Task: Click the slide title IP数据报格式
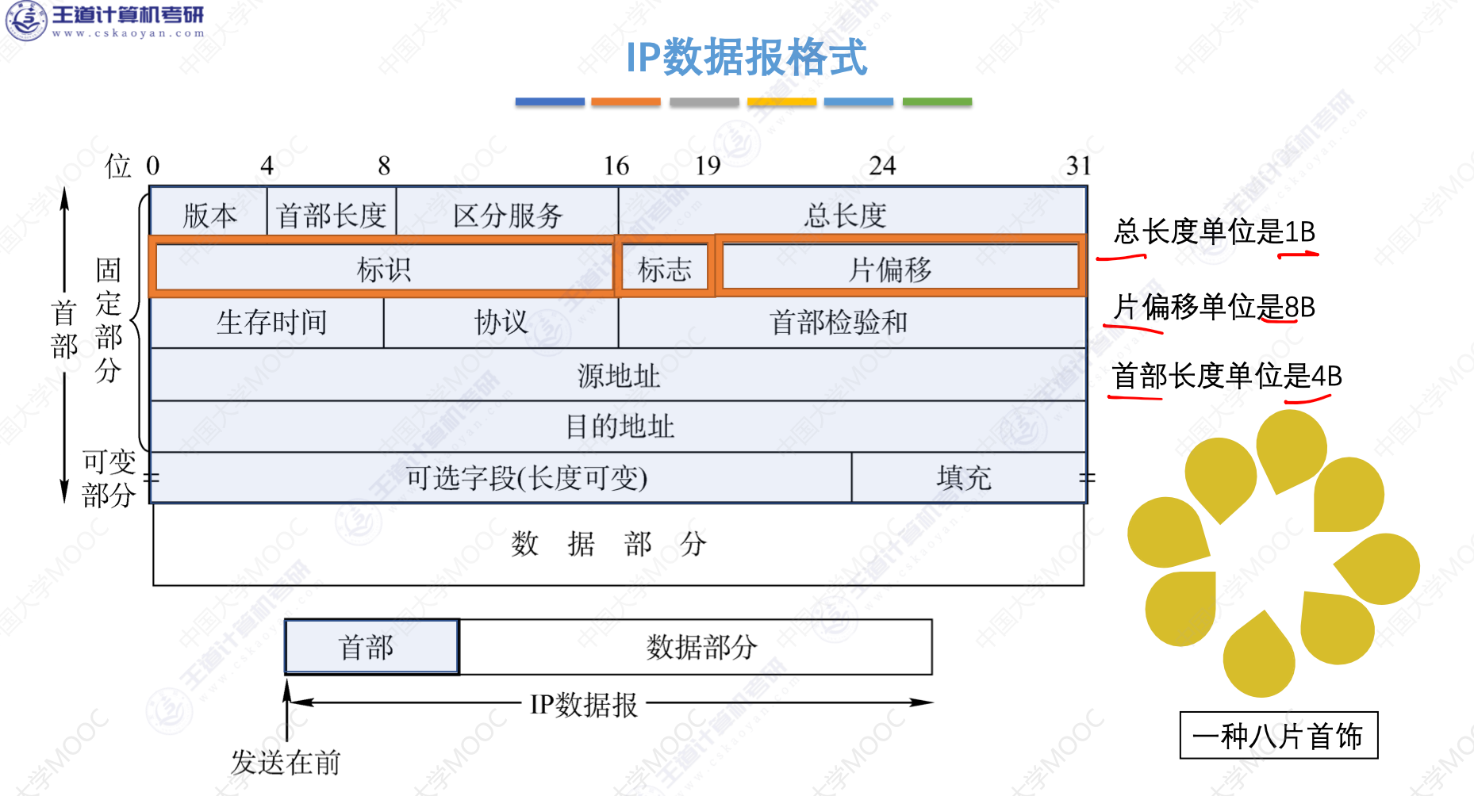746,57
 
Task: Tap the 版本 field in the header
209,214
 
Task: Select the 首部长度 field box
331,214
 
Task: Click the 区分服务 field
508,214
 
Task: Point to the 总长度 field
846,214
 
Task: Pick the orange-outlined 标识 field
384,269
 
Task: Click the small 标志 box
665,269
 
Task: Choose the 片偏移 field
890,269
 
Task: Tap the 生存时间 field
271,322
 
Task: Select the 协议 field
501,322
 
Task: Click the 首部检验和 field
839,322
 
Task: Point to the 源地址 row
619,375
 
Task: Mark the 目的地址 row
619,427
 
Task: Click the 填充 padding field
965,477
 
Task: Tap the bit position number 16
616,166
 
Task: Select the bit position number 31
1078,166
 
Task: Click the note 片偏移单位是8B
1214,307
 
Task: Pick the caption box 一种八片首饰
1278,736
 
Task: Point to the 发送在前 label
286,763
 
